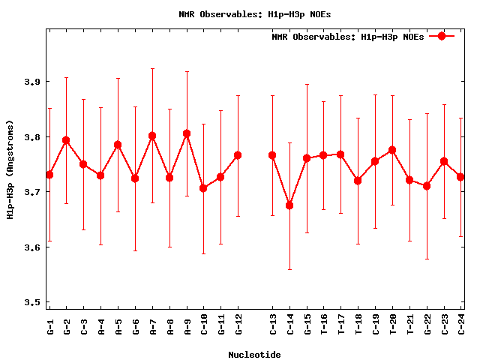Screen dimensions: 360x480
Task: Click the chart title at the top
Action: (240, 14)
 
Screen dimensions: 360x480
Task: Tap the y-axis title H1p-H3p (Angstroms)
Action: (10, 169)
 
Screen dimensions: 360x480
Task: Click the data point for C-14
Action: (289, 205)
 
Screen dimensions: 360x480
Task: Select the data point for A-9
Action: (187, 133)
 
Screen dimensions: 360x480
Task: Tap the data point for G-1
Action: (49, 175)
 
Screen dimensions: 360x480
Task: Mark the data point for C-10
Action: (203, 188)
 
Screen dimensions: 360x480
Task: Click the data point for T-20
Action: (392, 150)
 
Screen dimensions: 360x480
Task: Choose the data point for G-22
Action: (427, 186)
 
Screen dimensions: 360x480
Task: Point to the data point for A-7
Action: (152, 136)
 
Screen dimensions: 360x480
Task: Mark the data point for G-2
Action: (66, 140)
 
